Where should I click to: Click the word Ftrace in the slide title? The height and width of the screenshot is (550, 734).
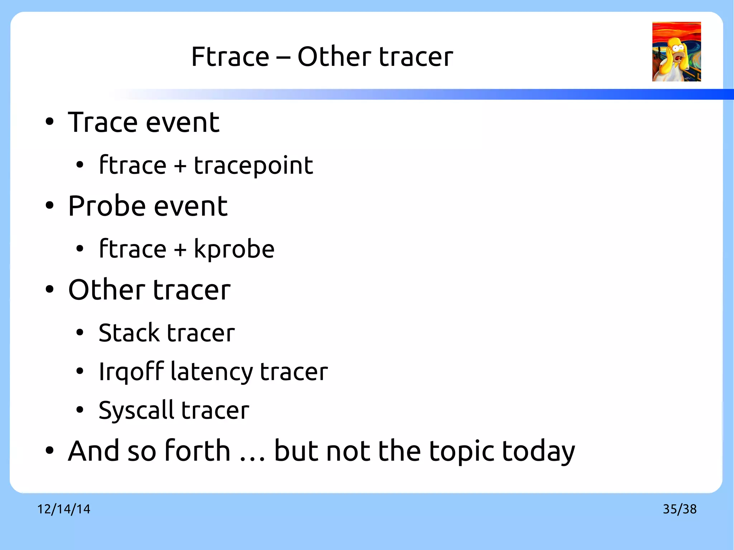pos(230,57)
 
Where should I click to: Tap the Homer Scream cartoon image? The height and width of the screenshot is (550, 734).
pos(676,52)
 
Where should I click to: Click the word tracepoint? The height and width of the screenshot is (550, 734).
pos(253,166)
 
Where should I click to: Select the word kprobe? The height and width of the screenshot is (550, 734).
pos(234,249)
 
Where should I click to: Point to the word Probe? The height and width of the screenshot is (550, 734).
pos(106,206)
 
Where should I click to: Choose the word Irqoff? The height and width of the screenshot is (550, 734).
pos(131,372)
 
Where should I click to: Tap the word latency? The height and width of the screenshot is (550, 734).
pos(211,372)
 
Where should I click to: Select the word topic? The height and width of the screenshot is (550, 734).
pos(461,451)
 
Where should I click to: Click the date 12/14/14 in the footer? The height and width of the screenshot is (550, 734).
pos(64,509)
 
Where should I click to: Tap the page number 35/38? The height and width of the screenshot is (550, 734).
pos(680,509)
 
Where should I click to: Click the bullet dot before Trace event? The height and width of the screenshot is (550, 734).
pos(49,122)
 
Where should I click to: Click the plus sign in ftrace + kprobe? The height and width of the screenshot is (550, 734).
pos(180,249)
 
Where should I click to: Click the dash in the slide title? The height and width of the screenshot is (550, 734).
pos(283,57)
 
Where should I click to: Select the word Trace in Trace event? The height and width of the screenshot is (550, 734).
pos(103,123)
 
